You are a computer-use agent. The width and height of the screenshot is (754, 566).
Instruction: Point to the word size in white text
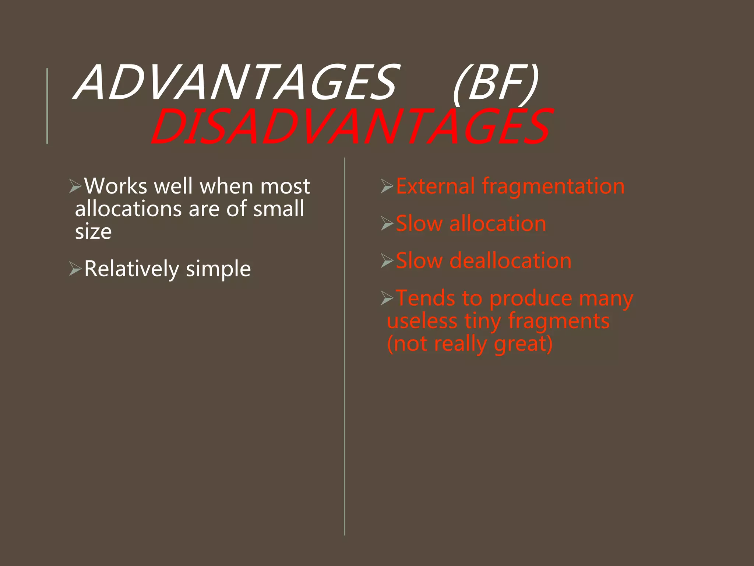93,232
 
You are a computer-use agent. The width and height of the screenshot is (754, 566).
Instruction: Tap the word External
435,186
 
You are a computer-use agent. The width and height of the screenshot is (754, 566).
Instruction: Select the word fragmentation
553,186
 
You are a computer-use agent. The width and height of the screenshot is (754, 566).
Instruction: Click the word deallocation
511,261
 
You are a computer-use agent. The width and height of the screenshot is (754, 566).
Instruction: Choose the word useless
422,321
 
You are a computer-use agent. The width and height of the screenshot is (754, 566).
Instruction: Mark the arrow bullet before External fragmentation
387,186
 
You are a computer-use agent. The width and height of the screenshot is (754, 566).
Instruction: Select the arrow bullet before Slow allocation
387,223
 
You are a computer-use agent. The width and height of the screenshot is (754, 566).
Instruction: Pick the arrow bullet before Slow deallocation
387,261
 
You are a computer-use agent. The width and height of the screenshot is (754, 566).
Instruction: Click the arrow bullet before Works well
75,186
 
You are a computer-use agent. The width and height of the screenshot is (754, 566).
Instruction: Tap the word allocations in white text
128,209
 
